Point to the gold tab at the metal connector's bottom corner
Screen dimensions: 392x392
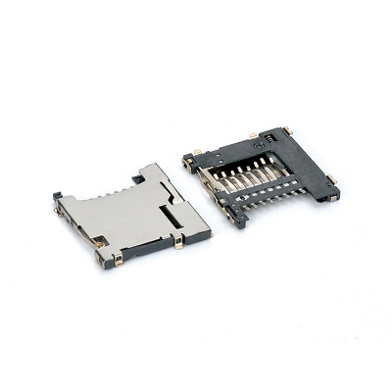click(x=117, y=261)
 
